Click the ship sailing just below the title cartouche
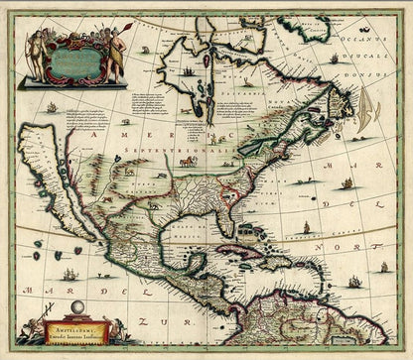[x=51, y=106]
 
